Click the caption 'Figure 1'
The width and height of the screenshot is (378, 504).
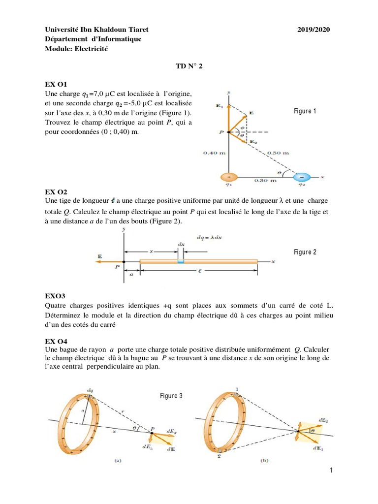[305, 111]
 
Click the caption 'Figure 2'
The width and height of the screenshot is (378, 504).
[305, 252]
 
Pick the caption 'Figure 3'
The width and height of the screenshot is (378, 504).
[171, 396]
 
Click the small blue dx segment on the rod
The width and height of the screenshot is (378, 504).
[181, 261]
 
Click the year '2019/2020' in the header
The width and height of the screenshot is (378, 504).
[314, 30]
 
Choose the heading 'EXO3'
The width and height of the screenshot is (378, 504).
[54, 296]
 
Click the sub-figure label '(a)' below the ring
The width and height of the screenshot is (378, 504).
[118, 461]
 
